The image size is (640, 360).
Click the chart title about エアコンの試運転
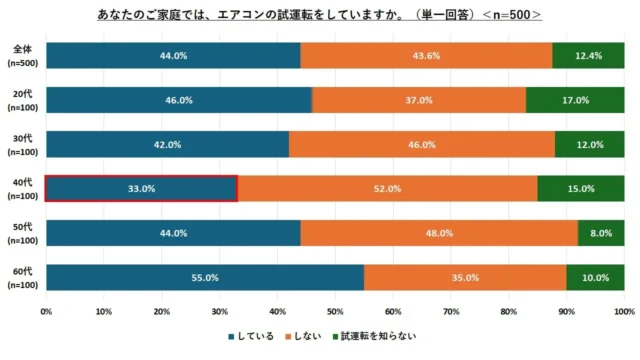[x=320, y=16]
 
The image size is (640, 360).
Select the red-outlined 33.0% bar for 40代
[x=141, y=188]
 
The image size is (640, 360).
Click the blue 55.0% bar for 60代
[x=204, y=277]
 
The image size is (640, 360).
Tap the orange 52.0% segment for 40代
[x=387, y=188]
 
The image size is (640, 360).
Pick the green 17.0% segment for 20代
[x=575, y=100]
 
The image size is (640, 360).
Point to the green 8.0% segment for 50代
[x=601, y=233]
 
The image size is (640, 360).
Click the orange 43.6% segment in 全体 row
[x=426, y=56]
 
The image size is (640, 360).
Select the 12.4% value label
[x=588, y=56]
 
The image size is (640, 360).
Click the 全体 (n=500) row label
[x=21, y=56]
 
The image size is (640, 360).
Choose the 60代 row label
[x=21, y=277]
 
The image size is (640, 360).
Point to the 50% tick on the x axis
[x=335, y=312]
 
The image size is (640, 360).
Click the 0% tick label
[x=46, y=312]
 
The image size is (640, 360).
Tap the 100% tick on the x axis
[x=623, y=312]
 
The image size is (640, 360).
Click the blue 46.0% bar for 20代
[x=178, y=100]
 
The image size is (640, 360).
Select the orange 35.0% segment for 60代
[x=465, y=277]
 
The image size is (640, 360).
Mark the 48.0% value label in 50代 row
[x=439, y=233]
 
